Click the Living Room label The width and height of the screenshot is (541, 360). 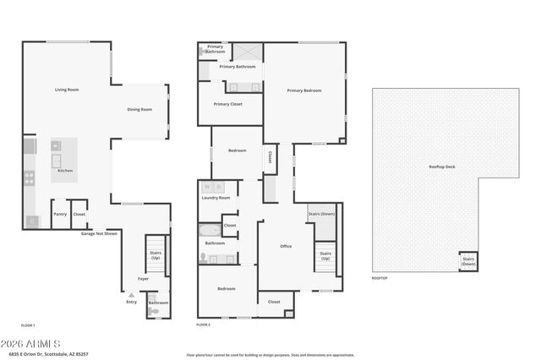pyautogui.click(x=67, y=90)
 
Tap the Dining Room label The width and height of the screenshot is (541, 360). pyautogui.click(x=139, y=109)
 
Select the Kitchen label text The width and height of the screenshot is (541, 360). pyautogui.click(x=65, y=171)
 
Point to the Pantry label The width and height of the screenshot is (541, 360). pyautogui.click(x=60, y=215)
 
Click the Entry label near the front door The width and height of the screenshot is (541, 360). pyautogui.click(x=131, y=302)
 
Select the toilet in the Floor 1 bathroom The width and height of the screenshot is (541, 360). pyautogui.click(x=154, y=312)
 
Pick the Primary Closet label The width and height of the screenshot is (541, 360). pyautogui.click(x=227, y=104)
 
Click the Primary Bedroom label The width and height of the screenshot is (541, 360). pyautogui.click(x=304, y=90)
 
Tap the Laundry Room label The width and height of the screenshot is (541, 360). pyautogui.click(x=216, y=198)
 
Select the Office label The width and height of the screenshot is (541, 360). pyautogui.click(x=286, y=246)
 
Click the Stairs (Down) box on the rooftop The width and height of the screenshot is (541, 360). pyautogui.click(x=468, y=262)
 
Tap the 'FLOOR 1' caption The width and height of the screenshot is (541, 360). pyautogui.click(x=28, y=325)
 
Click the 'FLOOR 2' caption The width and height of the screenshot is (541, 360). pyautogui.click(x=203, y=325)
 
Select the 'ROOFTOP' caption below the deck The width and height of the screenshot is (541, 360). pyautogui.click(x=380, y=278)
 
